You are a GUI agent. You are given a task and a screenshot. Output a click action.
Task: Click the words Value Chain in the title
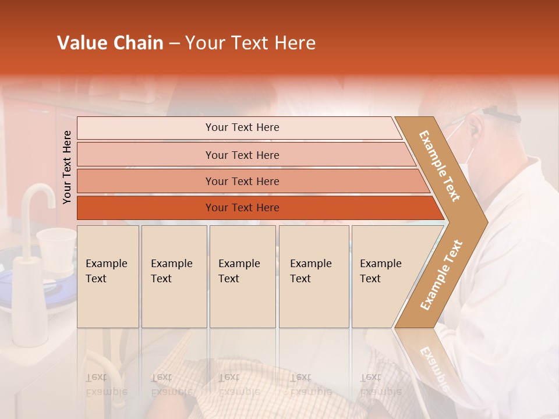pyautogui.click(x=110, y=43)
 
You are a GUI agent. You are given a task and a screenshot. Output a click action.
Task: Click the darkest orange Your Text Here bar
pyautogui.click(x=242, y=208)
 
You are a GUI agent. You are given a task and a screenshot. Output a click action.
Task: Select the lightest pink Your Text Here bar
pyautogui.click(x=242, y=127)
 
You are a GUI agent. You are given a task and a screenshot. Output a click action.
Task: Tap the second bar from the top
pyautogui.click(x=242, y=155)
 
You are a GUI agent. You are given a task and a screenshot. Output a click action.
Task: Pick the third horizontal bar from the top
pyautogui.click(x=242, y=181)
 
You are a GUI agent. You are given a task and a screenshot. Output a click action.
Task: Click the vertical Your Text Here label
pyautogui.click(x=67, y=167)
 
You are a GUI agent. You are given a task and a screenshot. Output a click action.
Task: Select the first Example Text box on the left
pyautogui.click(x=107, y=276)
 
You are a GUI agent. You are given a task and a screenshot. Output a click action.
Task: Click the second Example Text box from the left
pyautogui.click(x=174, y=276)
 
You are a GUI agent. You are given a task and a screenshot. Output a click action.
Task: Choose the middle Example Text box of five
pyautogui.click(x=242, y=276)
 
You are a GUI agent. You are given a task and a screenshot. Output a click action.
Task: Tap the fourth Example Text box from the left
pyautogui.click(x=313, y=276)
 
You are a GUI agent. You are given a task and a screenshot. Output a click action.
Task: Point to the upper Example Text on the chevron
pyautogui.click(x=440, y=166)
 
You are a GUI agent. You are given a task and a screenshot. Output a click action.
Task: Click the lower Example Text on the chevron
pyautogui.click(x=441, y=275)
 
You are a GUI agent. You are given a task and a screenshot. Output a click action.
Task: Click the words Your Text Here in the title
pyautogui.click(x=250, y=43)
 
